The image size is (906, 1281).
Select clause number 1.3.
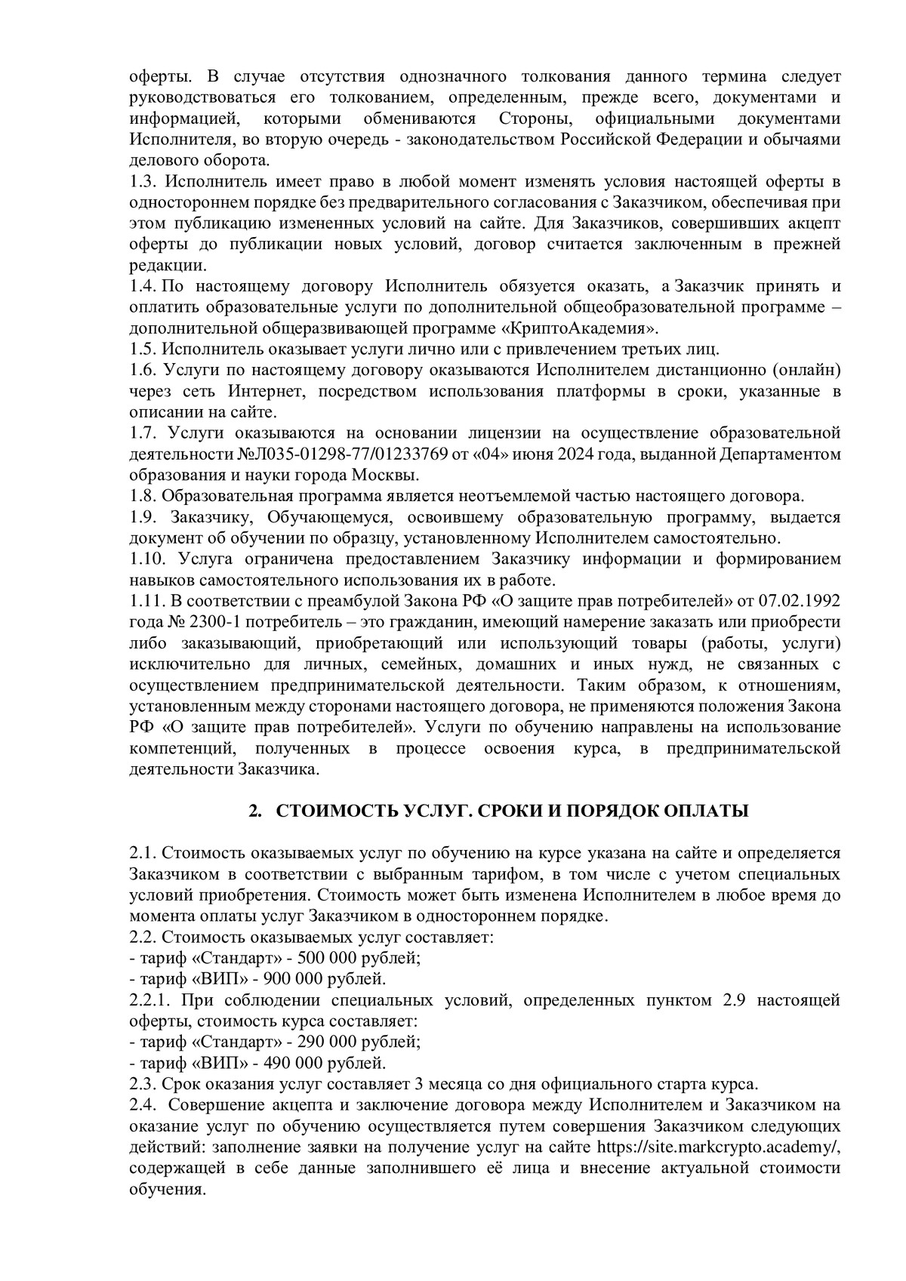tap(142, 182)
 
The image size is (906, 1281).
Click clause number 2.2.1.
tap(150, 1001)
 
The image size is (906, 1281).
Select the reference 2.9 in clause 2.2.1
tap(734, 1001)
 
